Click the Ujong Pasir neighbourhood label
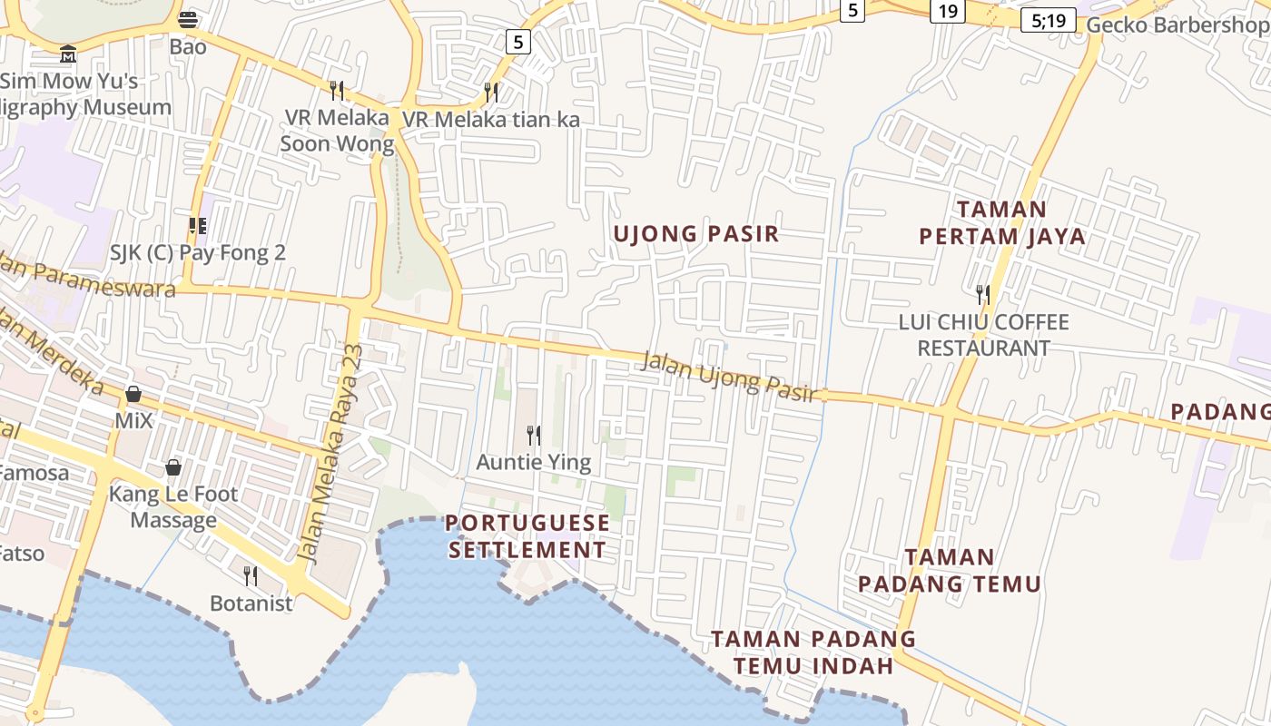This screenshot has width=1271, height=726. [x=696, y=234]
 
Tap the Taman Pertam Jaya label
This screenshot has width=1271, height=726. [x=1001, y=223]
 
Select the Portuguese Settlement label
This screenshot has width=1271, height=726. [x=527, y=536]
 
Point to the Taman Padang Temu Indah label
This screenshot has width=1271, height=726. [x=813, y=652]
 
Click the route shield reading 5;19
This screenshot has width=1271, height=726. [x=1048, y=20]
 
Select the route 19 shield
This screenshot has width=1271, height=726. [x=948, y=11]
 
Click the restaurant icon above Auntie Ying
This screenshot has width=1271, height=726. [x=534, y=436]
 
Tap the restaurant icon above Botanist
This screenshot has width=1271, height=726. [x=251, y=575]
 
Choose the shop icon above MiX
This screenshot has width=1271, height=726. [x=133, y=394]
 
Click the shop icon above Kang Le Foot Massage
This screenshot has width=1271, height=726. [x=172, y=467]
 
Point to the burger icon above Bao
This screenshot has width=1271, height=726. [x=188, y=19]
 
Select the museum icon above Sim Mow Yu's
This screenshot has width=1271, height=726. [x=68, y=54]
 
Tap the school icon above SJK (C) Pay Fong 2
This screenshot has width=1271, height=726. [x=197, y=226]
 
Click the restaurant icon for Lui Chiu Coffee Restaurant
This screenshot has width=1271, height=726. [x=982, y=294]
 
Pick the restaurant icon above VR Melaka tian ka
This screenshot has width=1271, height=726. [x=491, y=92]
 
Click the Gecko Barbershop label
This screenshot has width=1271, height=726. [x=1177, y=25]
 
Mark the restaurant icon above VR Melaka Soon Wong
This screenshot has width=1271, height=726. [x=337, y=90]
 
